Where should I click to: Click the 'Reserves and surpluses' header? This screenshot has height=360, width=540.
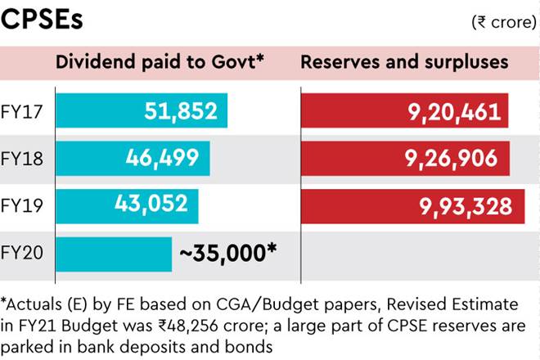click(x=405, y=62)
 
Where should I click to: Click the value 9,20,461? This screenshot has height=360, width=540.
click(x=454, y=111)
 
